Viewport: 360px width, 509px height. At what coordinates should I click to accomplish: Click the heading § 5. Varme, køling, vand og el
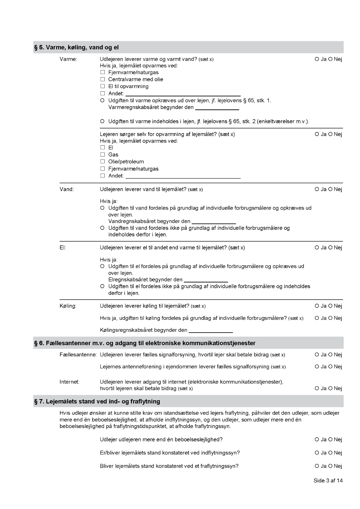point(76,47)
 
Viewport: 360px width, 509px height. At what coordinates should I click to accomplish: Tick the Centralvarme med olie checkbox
point(103,79)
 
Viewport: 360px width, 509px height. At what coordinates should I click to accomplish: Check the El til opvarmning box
point(103,86)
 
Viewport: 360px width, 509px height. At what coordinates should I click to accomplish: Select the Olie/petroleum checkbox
point(103,162)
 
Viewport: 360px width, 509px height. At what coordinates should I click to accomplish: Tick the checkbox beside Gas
point(103,155)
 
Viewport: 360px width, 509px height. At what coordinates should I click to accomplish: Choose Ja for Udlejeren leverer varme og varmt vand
point(317,59)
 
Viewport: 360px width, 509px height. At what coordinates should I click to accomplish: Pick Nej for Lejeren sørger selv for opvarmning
point(330,134)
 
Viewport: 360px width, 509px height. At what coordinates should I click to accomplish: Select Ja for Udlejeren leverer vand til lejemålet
point(317,189)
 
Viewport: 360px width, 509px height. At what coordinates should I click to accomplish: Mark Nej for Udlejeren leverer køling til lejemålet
point(330,306)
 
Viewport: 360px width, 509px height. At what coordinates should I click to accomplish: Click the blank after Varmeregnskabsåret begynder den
point(217,107)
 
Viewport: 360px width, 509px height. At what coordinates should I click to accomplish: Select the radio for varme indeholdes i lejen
point(102,121)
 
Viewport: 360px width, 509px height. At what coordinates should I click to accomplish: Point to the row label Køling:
point(68,306)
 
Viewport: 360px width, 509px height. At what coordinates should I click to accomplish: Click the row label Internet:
point(69,382)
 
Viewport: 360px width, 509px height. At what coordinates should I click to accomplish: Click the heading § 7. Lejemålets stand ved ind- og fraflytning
point(97,401)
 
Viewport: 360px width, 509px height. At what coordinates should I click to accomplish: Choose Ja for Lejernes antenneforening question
point(317,367)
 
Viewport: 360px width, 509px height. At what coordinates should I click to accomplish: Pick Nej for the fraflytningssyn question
point(330,466)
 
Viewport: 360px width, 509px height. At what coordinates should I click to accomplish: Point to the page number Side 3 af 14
point(328,481)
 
